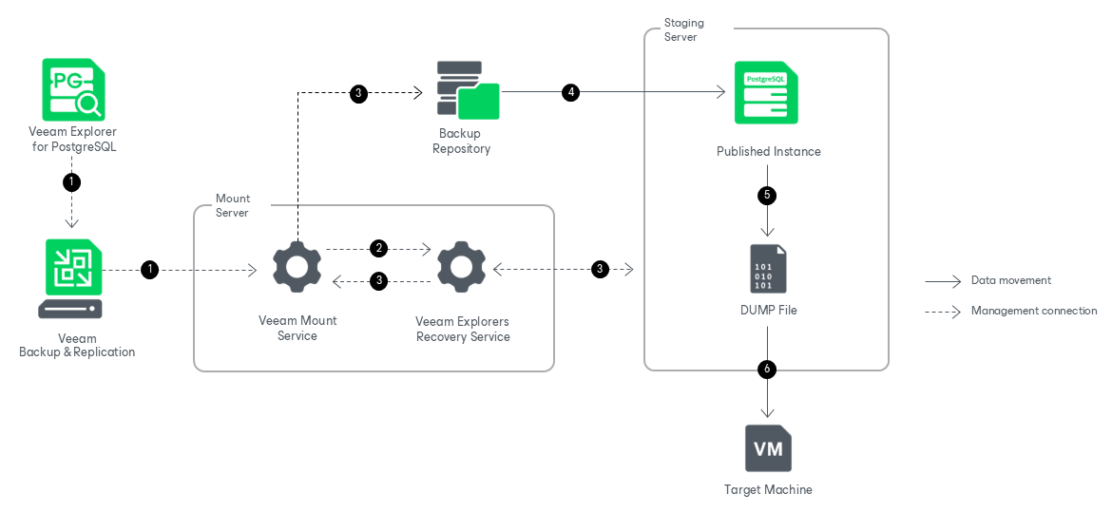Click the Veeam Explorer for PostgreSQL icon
(73, 89)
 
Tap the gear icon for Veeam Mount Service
(297, 268)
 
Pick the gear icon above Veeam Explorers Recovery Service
(461, 268)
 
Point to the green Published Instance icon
(766, 92)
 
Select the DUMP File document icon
(768, 269)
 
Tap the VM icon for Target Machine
(768, 448)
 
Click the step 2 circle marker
(379, 249)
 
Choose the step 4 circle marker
(570, 92)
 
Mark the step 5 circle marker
(767, 195)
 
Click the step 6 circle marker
(767, 370)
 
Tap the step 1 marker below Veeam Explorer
(72, 180)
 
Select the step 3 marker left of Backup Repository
(358, 93)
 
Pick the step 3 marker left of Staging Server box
(600, 269)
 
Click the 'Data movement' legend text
(1010, 280)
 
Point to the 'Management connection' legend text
(1033, 311)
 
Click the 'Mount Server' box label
(232, 205)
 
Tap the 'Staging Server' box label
(683, 29)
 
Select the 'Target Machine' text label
(768, 490)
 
